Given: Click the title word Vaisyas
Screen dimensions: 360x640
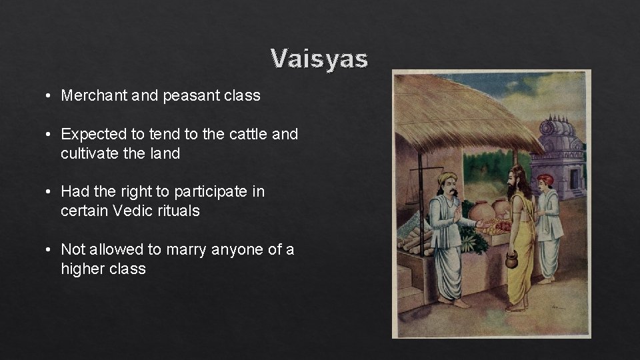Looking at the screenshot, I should coord(319,59).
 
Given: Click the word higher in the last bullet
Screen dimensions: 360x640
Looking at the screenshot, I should coord(81,269).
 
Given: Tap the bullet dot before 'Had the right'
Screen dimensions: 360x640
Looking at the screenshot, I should coord(50,192).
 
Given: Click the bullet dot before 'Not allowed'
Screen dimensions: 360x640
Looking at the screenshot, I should coord(50,250).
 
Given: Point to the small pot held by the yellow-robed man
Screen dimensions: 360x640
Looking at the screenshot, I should coord(511,260).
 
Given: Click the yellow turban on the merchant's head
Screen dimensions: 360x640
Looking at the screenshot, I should coord(447,179).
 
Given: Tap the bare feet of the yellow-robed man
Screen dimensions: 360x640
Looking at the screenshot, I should coord(517,307).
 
